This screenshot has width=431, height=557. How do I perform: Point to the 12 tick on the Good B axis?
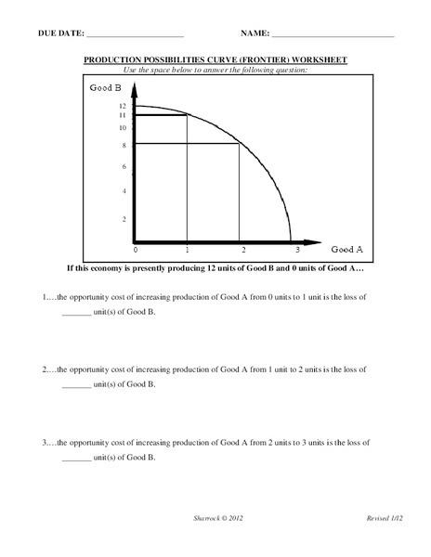coord(123,106)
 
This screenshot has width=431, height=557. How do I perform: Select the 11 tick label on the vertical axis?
coord(123,115)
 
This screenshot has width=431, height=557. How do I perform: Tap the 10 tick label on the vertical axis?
coord(123,127)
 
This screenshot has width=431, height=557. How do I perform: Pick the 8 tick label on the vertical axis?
coord(124,145)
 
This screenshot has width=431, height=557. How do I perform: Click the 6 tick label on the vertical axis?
coord(124,166)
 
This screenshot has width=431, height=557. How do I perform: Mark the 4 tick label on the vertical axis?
coord(124,191)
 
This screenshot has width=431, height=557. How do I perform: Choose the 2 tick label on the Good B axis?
coord(124,219)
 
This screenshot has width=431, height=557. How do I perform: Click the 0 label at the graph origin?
coord(136,251)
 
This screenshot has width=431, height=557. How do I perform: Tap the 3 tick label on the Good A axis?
coord(297,251)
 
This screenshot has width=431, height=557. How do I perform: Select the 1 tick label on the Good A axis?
coord(188,251)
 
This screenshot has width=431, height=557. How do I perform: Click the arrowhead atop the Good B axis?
coord(136,90)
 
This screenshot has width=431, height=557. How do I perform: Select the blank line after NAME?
coord(333,35)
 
